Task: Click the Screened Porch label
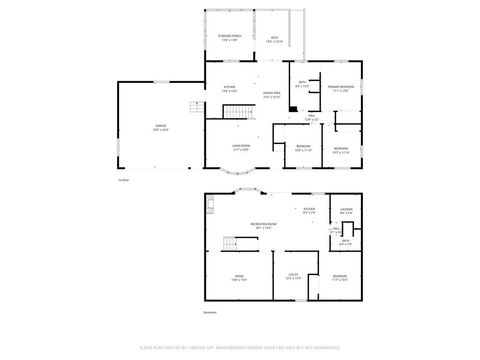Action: (230, 39)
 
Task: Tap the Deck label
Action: (273, 39)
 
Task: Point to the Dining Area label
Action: (271, 95)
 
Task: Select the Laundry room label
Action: (345, 211)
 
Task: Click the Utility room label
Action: (293, 275)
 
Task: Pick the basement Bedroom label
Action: (340, 275)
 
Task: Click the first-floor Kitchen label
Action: (229, 89)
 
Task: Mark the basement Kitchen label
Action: (309, 210)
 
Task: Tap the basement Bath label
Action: (345, 242)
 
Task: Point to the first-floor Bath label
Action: (302, 84)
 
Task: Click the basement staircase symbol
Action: (231, 246)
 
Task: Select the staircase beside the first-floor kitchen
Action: (234, 110)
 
